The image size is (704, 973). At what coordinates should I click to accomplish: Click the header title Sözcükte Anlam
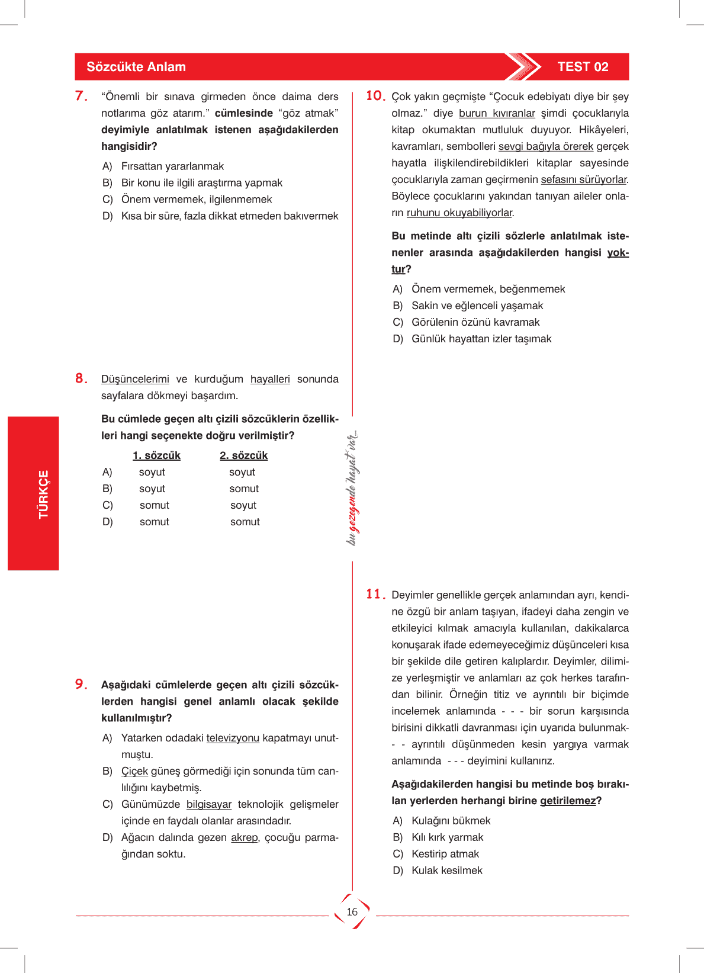coord(136,67)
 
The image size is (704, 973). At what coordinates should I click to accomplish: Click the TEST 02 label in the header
coord(583,67)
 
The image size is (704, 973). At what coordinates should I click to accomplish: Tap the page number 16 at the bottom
coord(352,912)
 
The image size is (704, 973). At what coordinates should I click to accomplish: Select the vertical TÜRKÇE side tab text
coord(43,494)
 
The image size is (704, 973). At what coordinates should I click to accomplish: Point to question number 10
coord(375,96)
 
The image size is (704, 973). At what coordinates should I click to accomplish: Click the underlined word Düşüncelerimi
coord(135,379)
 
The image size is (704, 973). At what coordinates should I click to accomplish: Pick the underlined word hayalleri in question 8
coord(270,379)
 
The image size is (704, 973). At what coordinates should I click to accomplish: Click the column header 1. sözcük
coord(156,455)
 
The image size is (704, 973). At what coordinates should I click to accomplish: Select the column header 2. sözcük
coord(243,455)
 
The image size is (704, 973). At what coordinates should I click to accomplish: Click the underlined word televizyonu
coord(233,738)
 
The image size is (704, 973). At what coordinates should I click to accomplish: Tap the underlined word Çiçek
coord(134,771)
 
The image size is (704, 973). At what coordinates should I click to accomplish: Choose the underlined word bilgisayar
coord(209,804)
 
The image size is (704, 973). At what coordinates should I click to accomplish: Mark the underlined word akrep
coord(245,837)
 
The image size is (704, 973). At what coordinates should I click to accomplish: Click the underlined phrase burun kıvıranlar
coord(497,113)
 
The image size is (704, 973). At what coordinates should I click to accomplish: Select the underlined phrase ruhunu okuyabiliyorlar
coord(459,213)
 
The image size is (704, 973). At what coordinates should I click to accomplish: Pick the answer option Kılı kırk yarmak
coord(447,837)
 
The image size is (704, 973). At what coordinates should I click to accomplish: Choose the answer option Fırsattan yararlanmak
coord(172,166)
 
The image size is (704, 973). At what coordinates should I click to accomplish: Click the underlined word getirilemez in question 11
coord(568,801)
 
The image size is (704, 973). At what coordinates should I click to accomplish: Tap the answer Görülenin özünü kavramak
coord(475,322)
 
